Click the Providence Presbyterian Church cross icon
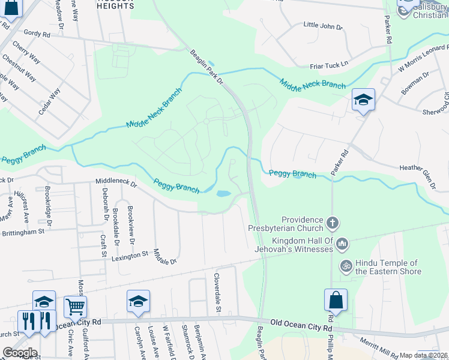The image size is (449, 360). pos(333,224)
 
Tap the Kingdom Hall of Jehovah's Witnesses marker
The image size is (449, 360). pos(342,243)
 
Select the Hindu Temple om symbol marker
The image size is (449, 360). pos(346,265)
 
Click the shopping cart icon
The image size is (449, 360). pos(75,307)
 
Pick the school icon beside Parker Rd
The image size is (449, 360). pos(363,100)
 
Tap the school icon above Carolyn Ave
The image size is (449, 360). pos(138,302)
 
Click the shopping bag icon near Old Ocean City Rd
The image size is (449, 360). pos(336,300)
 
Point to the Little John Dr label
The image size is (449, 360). pos(322,26)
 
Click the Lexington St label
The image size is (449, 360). pos(130,255)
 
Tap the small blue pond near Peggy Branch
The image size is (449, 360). pos(222,194)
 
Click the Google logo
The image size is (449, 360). pos(20,352)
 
